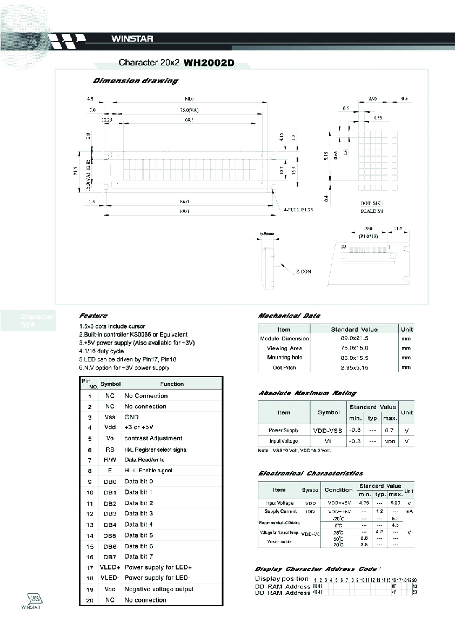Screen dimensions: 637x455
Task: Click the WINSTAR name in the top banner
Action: [x=132, y=39]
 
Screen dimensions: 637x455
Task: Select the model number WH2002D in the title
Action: [x=209, y=62]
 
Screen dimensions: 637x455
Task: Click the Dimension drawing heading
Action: [x=135, y=81]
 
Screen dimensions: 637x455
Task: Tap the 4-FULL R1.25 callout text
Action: [x=298, y=209]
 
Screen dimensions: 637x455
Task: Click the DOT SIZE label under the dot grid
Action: [x=372, y=203]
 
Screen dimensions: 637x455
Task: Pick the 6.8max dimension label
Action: [x=267, y=234]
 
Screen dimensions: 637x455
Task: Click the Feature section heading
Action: [x=93, y=316]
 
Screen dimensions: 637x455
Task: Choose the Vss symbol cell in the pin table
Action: [x=110, y=417]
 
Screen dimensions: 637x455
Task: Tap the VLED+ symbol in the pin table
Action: [x=110, y=567]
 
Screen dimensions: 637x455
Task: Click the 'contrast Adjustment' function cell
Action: [x=153, y=438]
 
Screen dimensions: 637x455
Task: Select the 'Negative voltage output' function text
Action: [x=159, y=589]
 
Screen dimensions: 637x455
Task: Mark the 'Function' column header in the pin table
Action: [x=172, y=384]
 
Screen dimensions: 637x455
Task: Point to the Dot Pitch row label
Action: [x=284, y=367]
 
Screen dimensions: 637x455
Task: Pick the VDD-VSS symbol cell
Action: [x=328, y=431]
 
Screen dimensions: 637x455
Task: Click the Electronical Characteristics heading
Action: [x=311, y=473]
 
